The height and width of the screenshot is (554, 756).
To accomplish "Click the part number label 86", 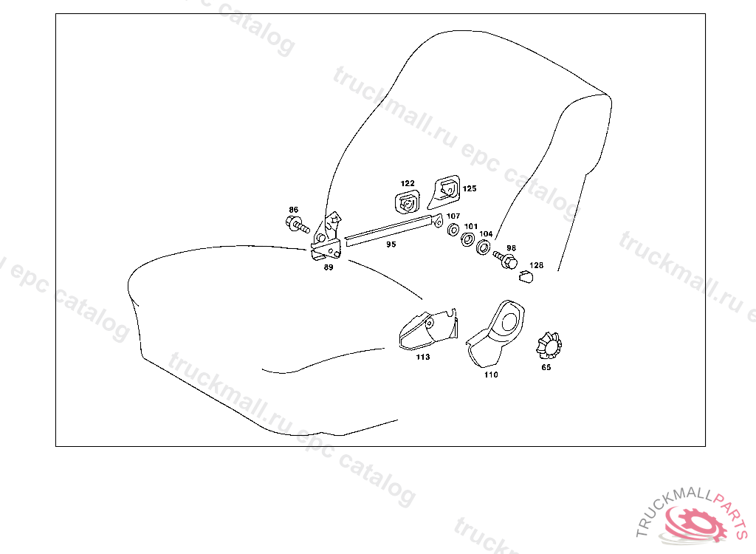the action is point(293,210).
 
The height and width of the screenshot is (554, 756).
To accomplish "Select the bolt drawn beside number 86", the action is point(297,224).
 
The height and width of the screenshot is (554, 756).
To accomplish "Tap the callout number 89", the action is point(329,267).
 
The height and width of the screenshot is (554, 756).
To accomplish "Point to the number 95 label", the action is point(391,244).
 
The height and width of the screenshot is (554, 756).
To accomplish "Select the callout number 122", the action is point(408,183).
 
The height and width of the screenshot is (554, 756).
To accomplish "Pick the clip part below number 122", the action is point(408,202).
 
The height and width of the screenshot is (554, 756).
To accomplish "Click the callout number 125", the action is point(470,188).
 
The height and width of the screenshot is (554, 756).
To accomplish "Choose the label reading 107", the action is point(453,216).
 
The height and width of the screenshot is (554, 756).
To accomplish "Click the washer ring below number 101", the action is point(467,240).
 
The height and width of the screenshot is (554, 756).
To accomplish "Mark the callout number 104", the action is point(486,233).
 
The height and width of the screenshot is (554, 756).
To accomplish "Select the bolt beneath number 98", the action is point(507,260).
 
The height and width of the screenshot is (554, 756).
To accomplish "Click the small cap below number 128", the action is point(526,276).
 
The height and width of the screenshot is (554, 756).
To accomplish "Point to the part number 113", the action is point(422,357).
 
